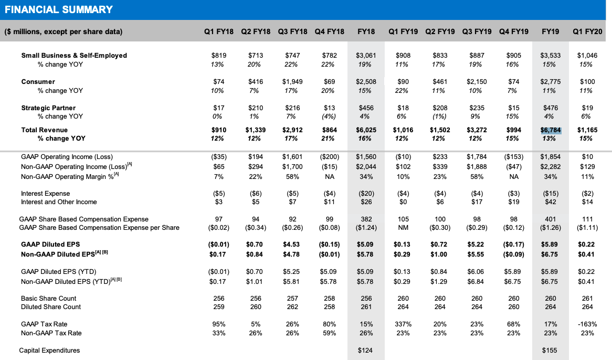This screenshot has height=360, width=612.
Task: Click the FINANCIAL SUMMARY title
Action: tap(59, 10)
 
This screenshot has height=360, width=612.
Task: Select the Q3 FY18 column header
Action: tap(292, 31)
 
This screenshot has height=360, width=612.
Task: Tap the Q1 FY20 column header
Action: tap(587, 31)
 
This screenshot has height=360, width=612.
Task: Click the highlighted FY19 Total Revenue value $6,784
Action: tap(551, 130)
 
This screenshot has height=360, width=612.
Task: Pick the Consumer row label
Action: tap(38, 81)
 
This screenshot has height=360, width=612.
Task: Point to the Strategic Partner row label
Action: tap(48, 108)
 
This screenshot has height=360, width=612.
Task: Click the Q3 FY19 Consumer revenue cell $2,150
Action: tap(477, 81)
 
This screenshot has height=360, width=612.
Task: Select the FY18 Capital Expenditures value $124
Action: tap(365, 350)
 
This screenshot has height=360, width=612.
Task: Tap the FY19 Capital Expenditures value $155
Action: tap(549, 350)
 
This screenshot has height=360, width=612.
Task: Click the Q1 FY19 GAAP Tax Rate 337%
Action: tap(403, 324)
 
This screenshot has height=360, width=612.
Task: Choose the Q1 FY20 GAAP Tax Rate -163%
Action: tap(587, 324)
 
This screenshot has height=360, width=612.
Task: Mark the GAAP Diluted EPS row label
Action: tap(50, 244)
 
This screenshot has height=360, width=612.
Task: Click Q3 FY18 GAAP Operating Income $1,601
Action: tap(292, 157)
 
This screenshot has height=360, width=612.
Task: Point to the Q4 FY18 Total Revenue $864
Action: tap(330, 130)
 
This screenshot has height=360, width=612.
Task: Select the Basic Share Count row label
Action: tap(48, 299)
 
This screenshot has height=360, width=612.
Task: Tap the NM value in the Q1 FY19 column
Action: tap(403, 228)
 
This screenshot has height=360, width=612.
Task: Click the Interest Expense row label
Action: tap(45, 194)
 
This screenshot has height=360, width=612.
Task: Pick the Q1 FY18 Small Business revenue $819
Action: tap(219, 56)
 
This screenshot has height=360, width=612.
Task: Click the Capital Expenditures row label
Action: tap(49, 350)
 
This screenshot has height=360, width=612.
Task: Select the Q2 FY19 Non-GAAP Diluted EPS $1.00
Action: tap(439, 255)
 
